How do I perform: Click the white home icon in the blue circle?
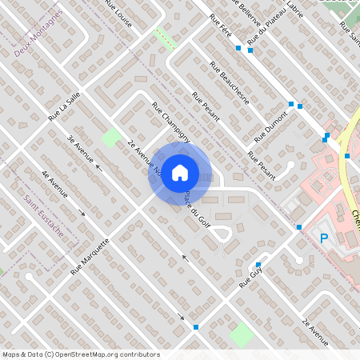coord(180,172)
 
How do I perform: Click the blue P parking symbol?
coord(324,238)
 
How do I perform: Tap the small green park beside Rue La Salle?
coord(110,137)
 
